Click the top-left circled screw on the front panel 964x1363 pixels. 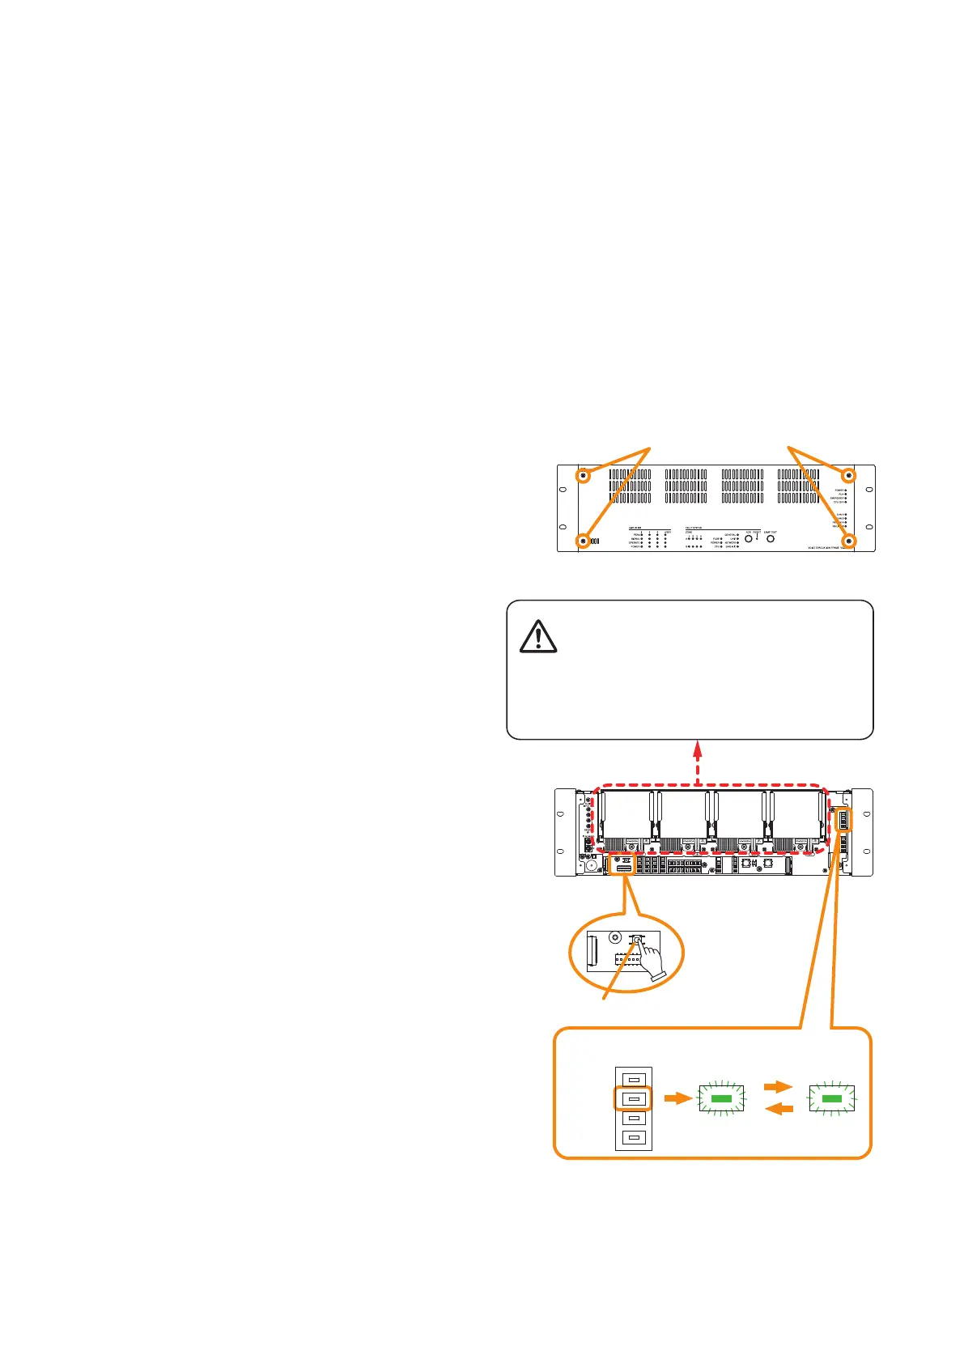tap(583, 476)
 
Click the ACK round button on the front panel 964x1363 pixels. tap(750, 538)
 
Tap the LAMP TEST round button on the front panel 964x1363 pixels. tap(771, 538)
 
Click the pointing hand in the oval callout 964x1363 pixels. tap(648, 960)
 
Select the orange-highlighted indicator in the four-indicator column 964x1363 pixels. tap(634, 1098)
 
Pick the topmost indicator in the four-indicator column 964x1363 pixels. tap(634, 1079)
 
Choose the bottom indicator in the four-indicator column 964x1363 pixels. tap(634, 1138)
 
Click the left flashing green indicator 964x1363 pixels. tap(720, 1098)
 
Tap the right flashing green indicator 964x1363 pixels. tap(831, 1098)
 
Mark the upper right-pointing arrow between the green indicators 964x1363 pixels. tap(778, 1087)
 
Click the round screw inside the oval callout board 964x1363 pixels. tap(615, 937)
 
